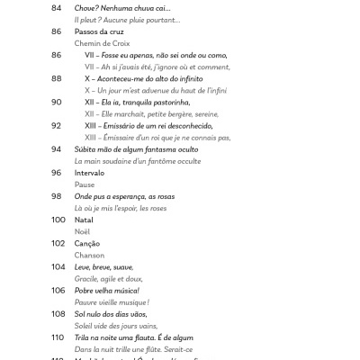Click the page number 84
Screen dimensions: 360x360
(x=57, y=7)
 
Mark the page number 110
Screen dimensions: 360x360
(x=58, y=337)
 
